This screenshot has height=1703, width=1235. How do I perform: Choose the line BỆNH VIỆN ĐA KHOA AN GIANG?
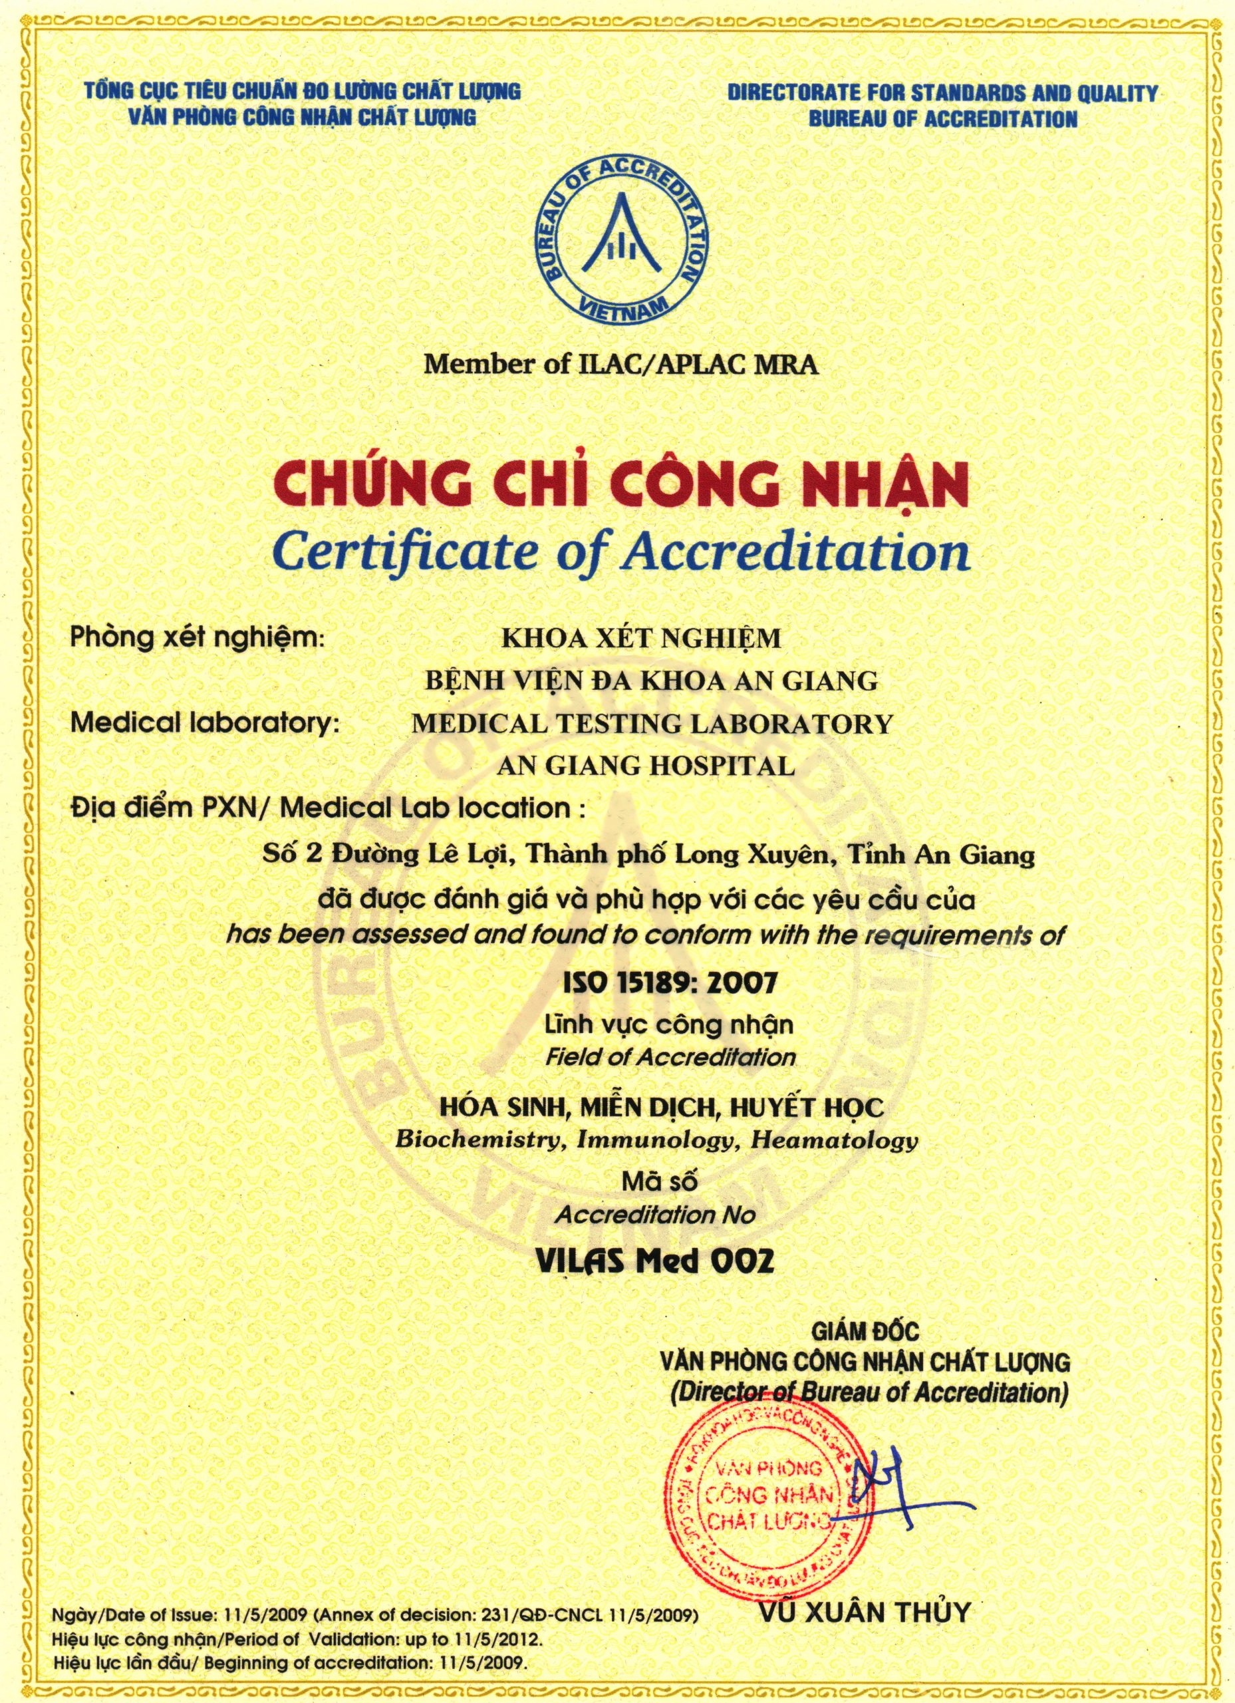point(651,681)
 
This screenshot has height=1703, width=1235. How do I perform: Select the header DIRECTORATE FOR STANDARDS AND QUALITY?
point(942,93)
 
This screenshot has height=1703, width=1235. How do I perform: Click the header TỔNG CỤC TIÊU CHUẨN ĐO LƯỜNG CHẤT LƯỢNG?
point(303,92)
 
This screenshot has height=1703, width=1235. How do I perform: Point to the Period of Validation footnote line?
point(296,1637)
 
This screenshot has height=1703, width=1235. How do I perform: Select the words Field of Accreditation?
point(670,1057)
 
